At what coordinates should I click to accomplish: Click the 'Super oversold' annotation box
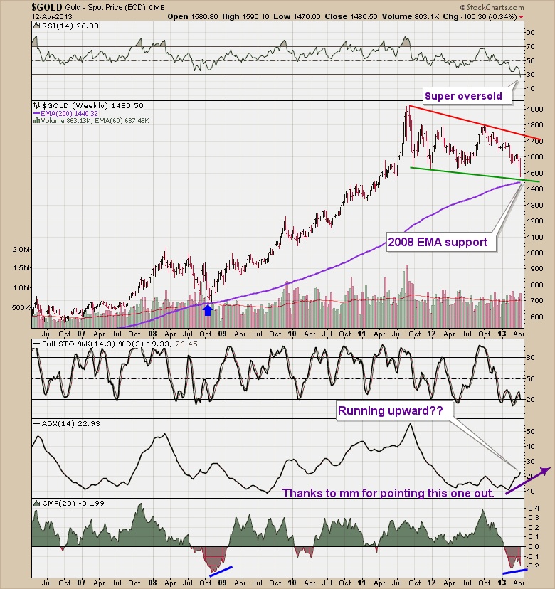pos(463,95)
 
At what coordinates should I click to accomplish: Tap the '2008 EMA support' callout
pos(438,243)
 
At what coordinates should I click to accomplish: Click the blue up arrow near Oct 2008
pos(207,309)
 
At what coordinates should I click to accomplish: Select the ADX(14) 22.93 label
pos(62,423)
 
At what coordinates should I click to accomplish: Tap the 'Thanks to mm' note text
pos(388,493)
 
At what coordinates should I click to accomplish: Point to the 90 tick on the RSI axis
pos(529,32)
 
